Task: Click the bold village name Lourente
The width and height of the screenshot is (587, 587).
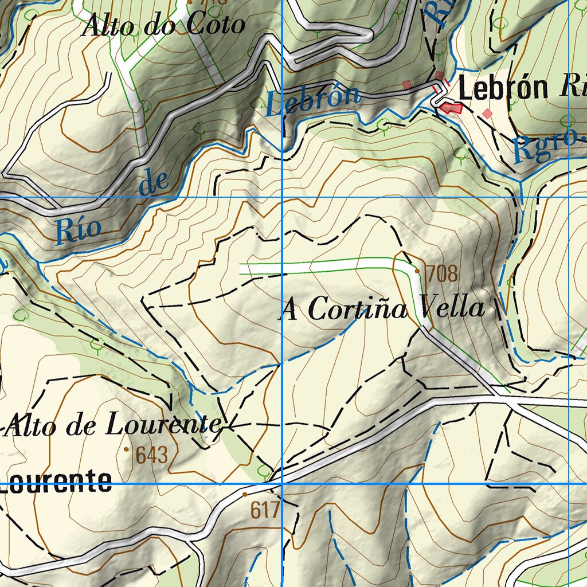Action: point(56,482)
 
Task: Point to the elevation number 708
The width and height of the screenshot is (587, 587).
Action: point(443,274)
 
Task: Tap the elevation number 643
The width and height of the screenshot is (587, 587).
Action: point(152,455)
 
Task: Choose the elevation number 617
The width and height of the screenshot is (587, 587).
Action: point(264,510)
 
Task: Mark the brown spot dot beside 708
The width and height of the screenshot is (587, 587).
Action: point(417,271)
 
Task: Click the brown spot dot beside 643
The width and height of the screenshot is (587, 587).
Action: point(126,449)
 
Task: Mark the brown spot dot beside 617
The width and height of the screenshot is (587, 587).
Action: point(245,494)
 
